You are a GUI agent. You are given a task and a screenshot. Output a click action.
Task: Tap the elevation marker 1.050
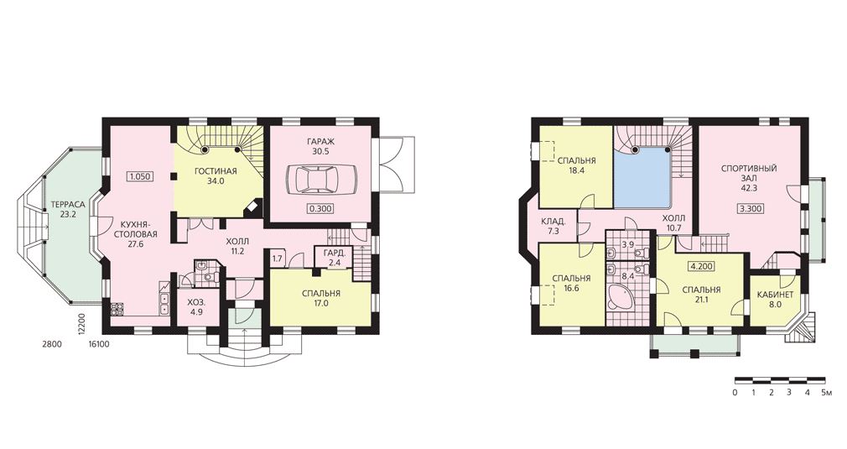[x=140, y=175]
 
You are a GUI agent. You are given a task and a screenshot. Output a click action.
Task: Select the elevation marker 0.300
[x=321, y=209]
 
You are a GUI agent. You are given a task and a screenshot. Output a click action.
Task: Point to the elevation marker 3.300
[x=751, y=209]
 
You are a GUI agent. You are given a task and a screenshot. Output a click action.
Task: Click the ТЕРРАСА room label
[x=68, y=206]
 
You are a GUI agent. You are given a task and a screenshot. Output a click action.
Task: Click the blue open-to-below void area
[x=642, y=177]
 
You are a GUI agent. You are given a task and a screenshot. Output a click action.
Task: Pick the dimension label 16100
[x=99, y=343]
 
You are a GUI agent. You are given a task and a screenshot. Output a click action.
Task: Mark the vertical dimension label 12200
[x=81, y=326]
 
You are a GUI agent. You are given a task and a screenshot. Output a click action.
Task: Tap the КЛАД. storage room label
[x=553, y=222]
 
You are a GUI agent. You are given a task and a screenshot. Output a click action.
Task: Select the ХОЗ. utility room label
[x=195, y=302]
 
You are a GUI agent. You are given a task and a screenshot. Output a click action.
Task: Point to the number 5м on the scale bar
[x=826, y=392]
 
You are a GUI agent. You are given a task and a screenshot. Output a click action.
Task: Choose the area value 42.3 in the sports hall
[x=749, y=188]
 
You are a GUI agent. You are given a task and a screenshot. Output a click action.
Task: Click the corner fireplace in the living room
[x=252, y=208]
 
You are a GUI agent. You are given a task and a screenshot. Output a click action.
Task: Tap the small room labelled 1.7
[x=277, y=258]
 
